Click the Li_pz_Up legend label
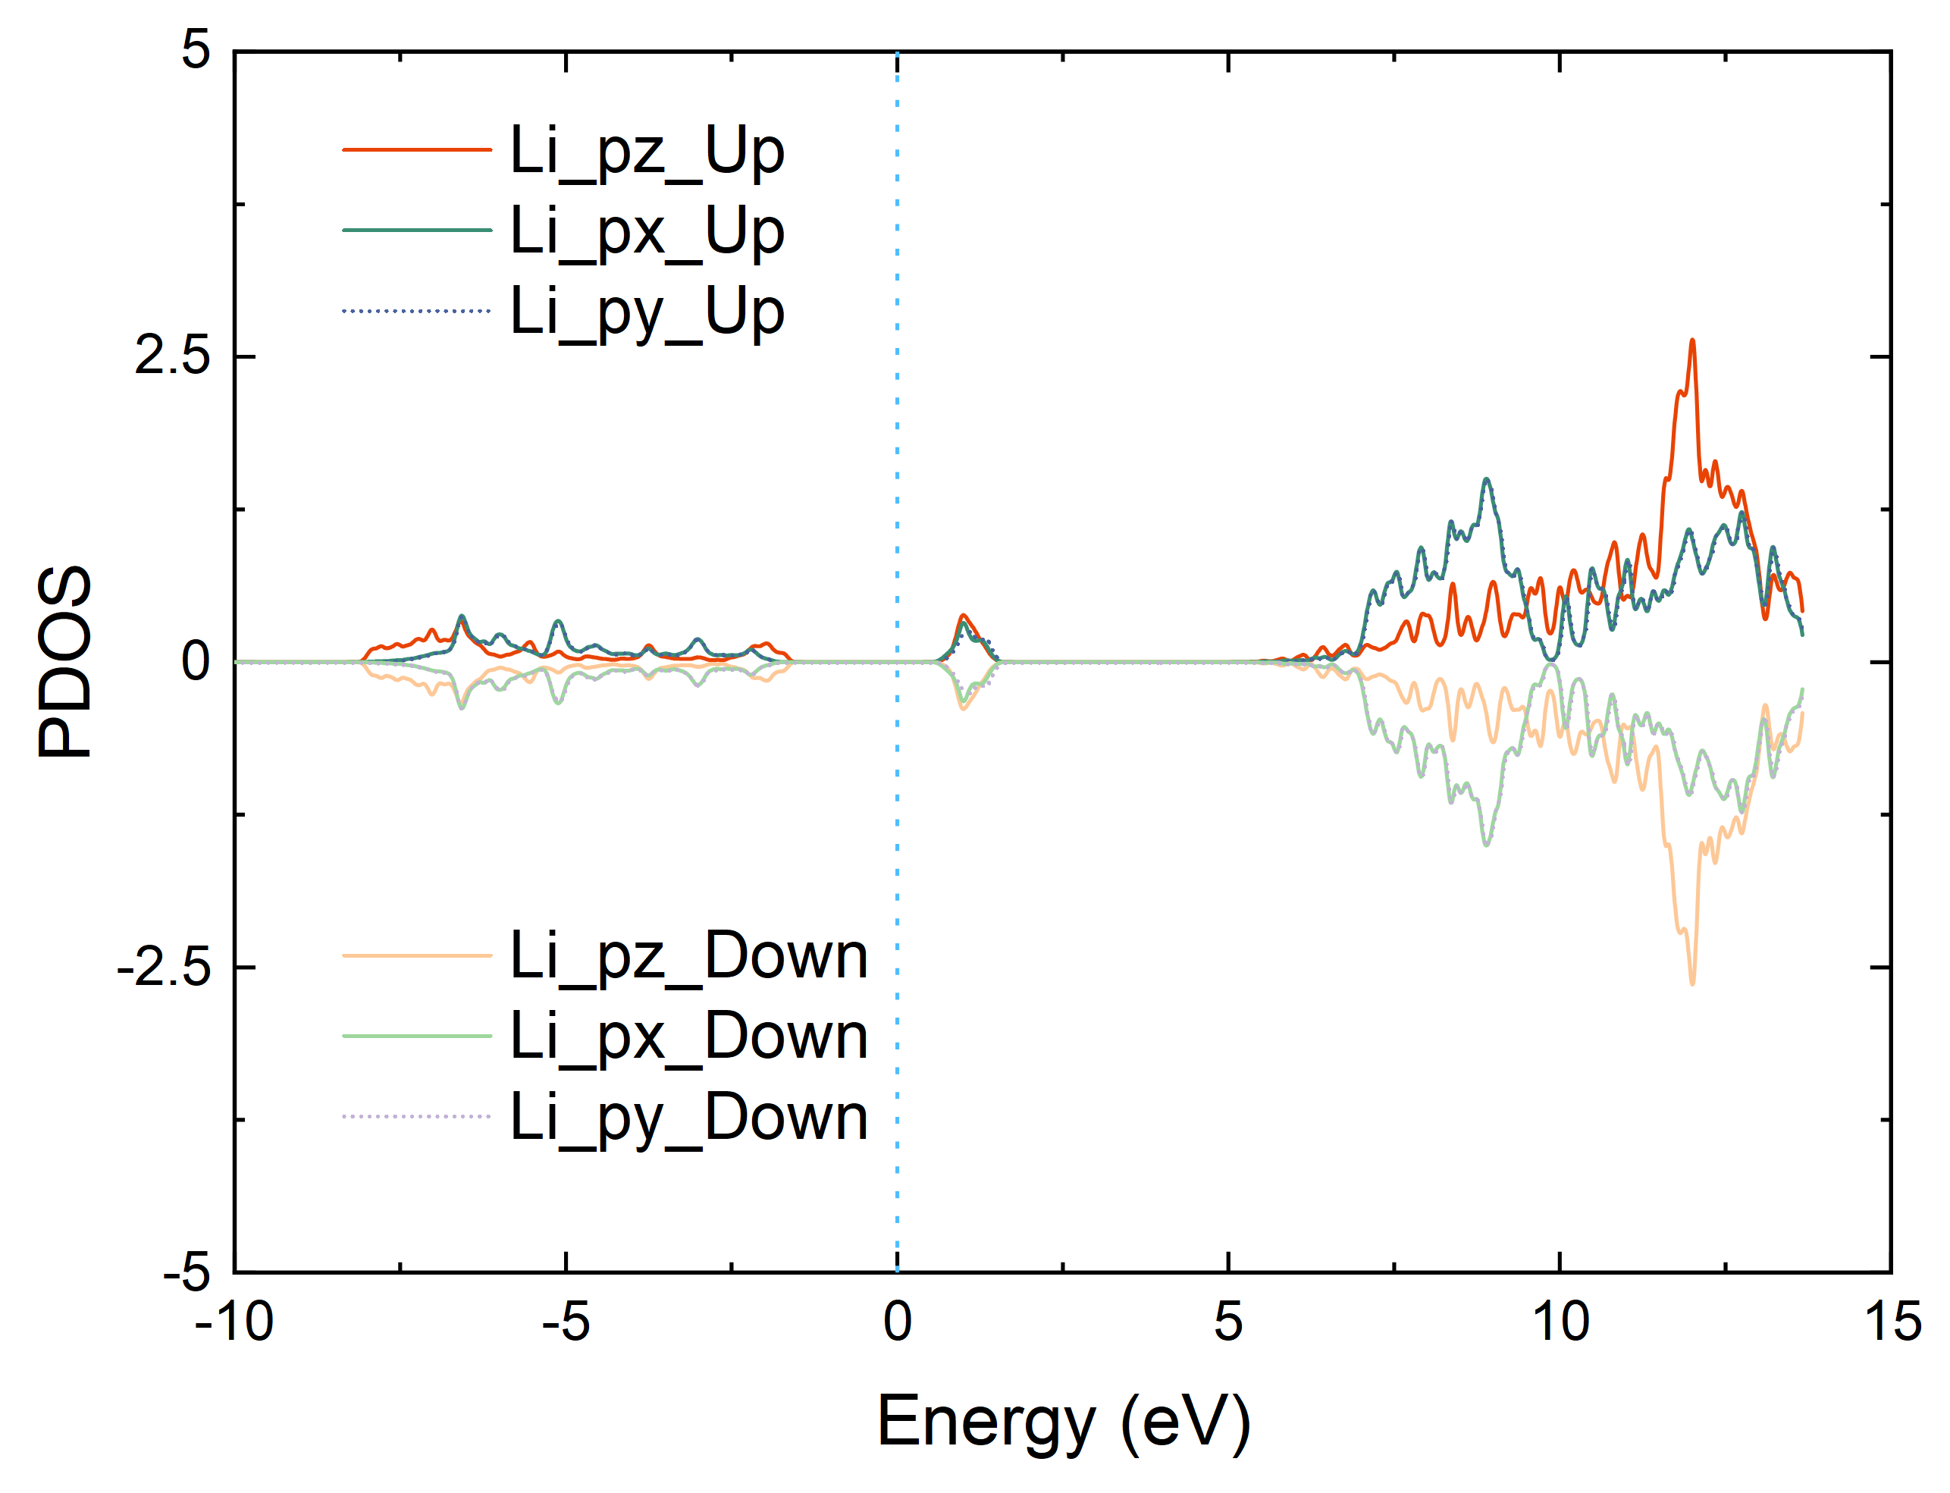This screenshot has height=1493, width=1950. click(x=647, y=151)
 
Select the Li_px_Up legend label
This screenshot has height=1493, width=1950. click(x=647, y=231)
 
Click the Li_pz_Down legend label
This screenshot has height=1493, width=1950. click(x=688, y=956)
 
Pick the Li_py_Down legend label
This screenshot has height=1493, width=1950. click(x=688, y=1117)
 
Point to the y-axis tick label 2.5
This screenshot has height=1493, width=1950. click(x=172, y=356)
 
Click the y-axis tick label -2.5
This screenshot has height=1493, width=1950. click(x=165, y=967)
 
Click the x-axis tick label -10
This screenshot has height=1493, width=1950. click(x=234, y=1322)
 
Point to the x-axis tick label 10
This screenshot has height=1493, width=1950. click(x=1561, y=1322)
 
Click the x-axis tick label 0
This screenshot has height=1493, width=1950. click(x=897, y=1322)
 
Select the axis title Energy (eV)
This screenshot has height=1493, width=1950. click(x=1064, y=1424)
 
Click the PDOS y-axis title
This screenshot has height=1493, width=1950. click(x=64, y=662)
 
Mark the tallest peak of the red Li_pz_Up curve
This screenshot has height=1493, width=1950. click(x=1692, y=340)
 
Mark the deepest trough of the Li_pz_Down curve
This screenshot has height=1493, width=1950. click(x=1692, y=983)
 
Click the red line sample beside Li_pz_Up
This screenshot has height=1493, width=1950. click(x=417, y=150)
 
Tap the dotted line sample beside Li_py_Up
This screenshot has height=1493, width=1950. click(x=417, y=311)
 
